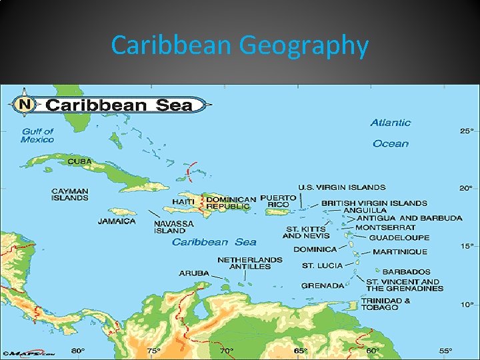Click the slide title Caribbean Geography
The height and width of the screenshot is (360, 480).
click(240, 46)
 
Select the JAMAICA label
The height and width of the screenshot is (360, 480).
click(117, 221)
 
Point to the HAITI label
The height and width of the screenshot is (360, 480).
click(183, 201)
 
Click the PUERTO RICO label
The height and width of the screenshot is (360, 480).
click(278, 201)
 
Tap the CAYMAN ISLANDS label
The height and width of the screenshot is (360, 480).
click(70, 194)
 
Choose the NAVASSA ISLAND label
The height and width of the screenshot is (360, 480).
click(174, 227)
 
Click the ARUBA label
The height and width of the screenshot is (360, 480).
click(193, 273)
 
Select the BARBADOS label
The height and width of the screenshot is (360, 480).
click(407, 272)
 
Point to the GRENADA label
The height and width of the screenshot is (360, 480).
click(323, 285)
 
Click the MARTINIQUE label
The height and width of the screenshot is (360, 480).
click(400, 252)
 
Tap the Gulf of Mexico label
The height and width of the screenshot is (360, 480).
click(37, 135)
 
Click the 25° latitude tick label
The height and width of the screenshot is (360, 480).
click(467, 131)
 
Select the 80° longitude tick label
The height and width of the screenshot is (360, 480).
click(78, 351)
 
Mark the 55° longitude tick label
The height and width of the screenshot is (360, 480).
click(445, 351)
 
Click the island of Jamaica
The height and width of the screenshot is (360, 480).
click(127, 210)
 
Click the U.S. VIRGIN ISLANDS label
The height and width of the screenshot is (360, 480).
click(341, 187)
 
